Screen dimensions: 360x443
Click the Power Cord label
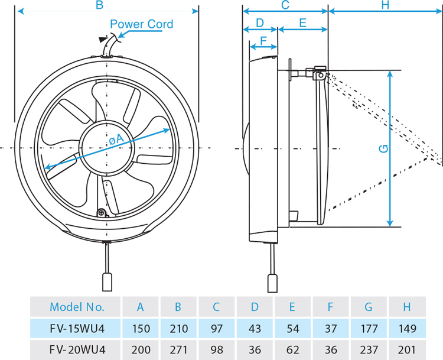[142, 24]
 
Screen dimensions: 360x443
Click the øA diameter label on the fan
[116, 139]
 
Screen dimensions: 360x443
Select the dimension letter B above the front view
[99, 5]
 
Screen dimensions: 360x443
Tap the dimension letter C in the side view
[285, 5]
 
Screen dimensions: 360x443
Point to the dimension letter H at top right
[385, 5]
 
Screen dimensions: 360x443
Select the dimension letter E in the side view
[302, 23]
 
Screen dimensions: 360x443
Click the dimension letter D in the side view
[259, 23]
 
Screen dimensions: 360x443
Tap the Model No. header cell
[77, 307]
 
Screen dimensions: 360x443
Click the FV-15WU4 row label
[77, 328]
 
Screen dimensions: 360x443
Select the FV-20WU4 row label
[77, 349]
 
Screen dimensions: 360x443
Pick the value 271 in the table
[178, 349]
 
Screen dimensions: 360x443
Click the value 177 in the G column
[369, 328]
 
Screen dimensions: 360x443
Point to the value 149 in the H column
[407, 328]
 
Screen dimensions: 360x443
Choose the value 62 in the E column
[292, 349]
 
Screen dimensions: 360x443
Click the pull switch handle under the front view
[107, 281]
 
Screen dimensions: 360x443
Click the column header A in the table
[141, 307]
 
